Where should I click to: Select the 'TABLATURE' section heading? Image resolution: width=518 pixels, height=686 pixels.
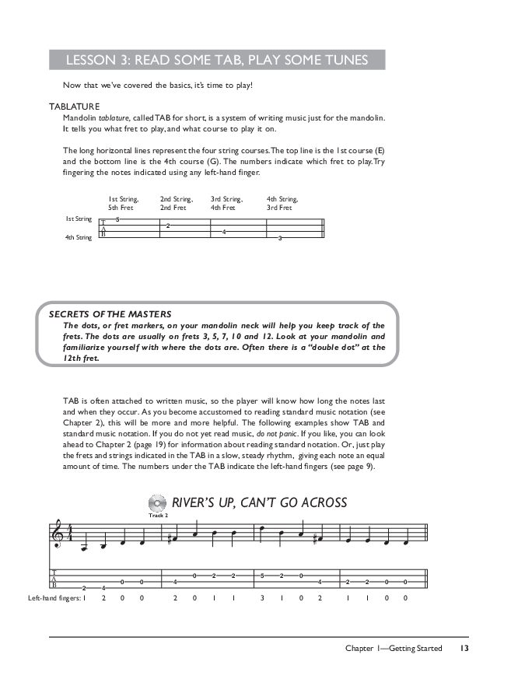[x=73, y=107]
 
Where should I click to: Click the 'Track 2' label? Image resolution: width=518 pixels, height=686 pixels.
[x=157, y=515]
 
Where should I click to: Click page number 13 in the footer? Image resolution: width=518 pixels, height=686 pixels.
[x=464, y=648]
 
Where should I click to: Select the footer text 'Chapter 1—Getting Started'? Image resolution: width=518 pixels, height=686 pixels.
[x=394, y=648]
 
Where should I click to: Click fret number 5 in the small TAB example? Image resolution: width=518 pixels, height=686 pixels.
[x=117, y=220]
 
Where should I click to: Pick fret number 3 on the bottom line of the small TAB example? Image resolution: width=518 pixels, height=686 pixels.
[x=280, y=237]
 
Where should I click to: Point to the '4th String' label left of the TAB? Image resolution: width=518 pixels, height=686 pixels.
[x=78, y=237]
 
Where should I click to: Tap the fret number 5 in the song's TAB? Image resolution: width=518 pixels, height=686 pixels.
[x=263, y=576]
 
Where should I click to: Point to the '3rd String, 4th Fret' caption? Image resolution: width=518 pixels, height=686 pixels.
[x=226, y=204]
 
